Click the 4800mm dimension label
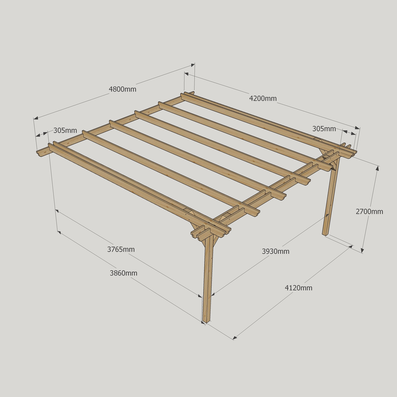pyautogui.click(x=123, y=89)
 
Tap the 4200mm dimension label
pyautogui.click(x=263, y=98)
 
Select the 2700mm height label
pyautogui.click(x=369, y=212)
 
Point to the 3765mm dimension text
pyautogui.click(x=121, y=249)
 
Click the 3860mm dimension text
pyautogui.click(x=123, y=273)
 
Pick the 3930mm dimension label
pyautogui.click(x=276, y=251)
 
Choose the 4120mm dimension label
pyautogui.click(x=299, y=288)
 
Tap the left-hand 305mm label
pyautogui.click(x=65, y=130)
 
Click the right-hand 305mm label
pyautogui.click(x=324, y=129)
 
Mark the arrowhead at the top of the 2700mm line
pyautogui.click(x=378, y=168)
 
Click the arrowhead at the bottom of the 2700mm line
pyautogui.click(x=362, y=251)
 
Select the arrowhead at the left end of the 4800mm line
pyautogui.click(x=36, y=118)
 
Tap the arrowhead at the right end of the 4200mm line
pyautogui.click(x=357, y=128)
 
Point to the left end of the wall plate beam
pyautogui.click(x=37, y=152)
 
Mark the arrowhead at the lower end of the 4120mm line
pyautogui.click(x=235, y=337)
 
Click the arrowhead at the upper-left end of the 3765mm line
pyautogui.click(x=57, y=211)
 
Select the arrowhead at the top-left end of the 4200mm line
pyautogui.click(x=186, y=74)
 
